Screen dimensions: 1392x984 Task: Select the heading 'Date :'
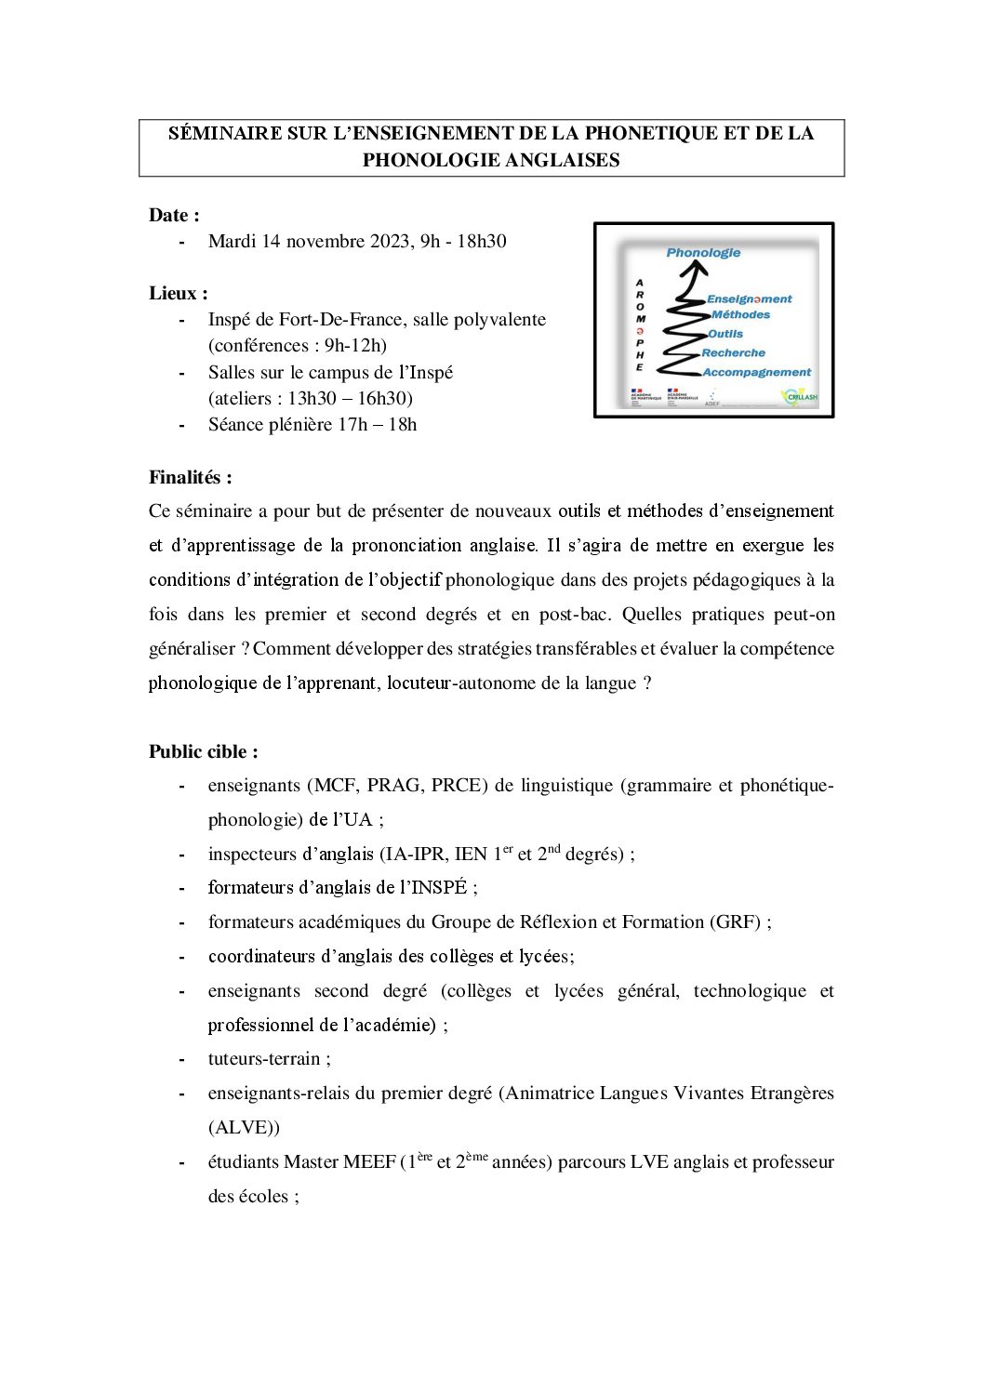(x=174, y=215)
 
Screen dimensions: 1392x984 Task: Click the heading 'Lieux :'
(x=178, y=293)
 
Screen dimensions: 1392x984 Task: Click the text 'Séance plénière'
(x=271, y=424)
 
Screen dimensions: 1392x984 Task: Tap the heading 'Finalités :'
(x=190, y=477)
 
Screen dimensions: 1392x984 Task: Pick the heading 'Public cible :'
(x=203, y=751)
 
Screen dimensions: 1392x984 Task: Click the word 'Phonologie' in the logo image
(x=703, y=252)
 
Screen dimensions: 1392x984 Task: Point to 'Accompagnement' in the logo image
(x=756, y=372)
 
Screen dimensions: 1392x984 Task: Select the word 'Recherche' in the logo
(x=734, y=352)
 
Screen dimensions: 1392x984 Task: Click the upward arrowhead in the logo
(x=693, y=269)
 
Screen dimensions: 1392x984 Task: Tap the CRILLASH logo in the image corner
(x=800, y=397)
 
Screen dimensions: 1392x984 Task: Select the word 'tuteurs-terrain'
(x=263, y=1058)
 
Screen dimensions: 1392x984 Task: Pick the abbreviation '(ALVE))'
(x=244, y=1127)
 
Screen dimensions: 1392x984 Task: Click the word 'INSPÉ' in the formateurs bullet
(x=439, y=887)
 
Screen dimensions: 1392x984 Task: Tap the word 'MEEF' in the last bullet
(x=369, y=1161)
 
